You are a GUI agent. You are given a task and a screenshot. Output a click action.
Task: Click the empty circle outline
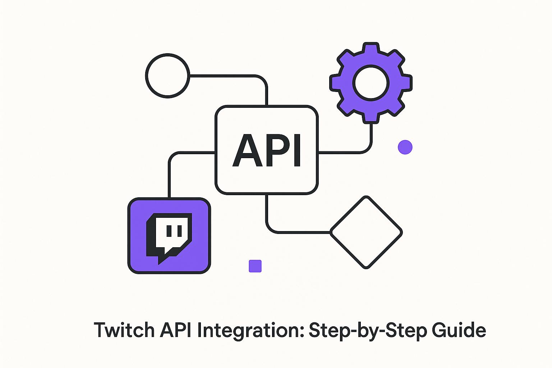click(167, 75)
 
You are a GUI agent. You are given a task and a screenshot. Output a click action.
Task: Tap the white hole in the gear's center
click(371, 83)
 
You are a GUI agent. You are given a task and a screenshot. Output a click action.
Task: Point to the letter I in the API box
click(297, 151)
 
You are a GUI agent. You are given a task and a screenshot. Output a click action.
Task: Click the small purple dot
click(405, 147)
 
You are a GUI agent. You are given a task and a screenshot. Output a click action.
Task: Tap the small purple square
click(255, 266)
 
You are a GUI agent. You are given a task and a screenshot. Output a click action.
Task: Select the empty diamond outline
click(366, 232)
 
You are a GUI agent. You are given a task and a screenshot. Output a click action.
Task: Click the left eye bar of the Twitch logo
click(168, 231)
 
